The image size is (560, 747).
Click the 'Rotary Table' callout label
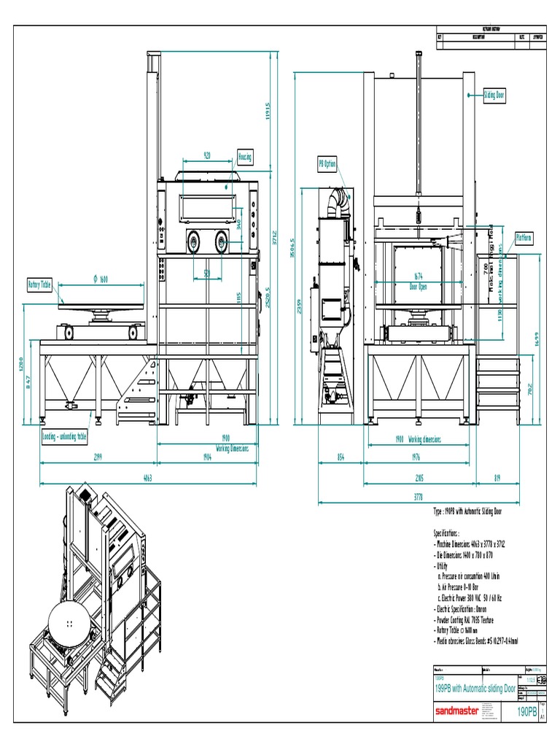41,284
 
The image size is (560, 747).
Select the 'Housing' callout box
245,157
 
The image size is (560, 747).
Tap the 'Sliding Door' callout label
494,95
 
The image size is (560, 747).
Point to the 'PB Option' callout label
327,164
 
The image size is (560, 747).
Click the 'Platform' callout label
524,238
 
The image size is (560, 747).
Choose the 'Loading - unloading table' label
65,437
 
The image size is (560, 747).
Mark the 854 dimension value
341,458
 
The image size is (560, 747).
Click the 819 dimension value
497,479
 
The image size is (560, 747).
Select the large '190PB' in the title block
527,711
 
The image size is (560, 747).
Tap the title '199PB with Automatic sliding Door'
475,689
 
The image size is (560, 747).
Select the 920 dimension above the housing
206,155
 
